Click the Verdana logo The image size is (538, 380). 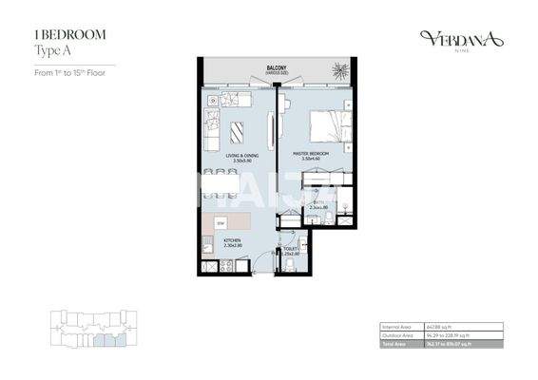click(460, 38)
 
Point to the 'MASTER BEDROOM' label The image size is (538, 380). click(311, 155)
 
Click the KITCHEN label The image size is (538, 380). click(233, 241)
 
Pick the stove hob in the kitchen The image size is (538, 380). click(206, 246)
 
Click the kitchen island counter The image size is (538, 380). click(233, 220)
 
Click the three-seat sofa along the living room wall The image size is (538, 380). click(210, 128)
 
